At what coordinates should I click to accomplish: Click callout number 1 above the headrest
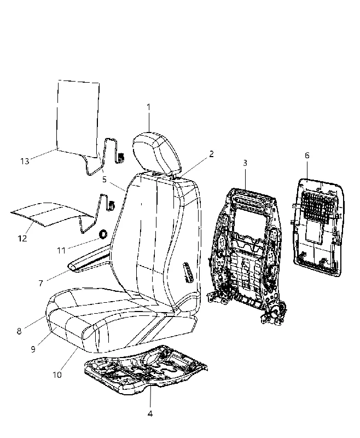pyautogui.click(x=148, y=107)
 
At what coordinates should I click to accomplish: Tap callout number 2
pyautogui.click(x=211, y=154)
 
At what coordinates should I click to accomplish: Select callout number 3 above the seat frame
pyautogui.click(x=245, y=163)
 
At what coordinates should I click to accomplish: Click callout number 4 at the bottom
pyautogui.click(x=150, y=414)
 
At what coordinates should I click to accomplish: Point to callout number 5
pyautogui.click(x=104, y=180)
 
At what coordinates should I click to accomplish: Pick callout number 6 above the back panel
pyautogui.click(x=307, y=155)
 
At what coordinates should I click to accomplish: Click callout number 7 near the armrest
pyautogui.click(x=40, y=283)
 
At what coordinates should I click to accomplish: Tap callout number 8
pyautogui.click(x=19, y=331)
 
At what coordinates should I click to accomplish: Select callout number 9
pyautogui.click(x=33, y=349)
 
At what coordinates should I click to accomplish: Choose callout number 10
pyautogui.click(x=57, y=375)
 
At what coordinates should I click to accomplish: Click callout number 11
pyautogui.click(x=61, y=251)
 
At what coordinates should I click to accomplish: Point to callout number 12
pyautogui.click(x=22, y=238)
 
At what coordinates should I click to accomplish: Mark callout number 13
pyautogui.click(x=25, y=161)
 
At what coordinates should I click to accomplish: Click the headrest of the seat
pyautogui.click(x=156, y=152)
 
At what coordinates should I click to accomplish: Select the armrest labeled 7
pyautogui.click(x=91, y=258)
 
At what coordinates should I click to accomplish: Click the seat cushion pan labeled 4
pyautogui.click(x=146, y=370)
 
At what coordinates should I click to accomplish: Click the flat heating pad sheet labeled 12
pyautogui.click(x=50, y=214)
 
